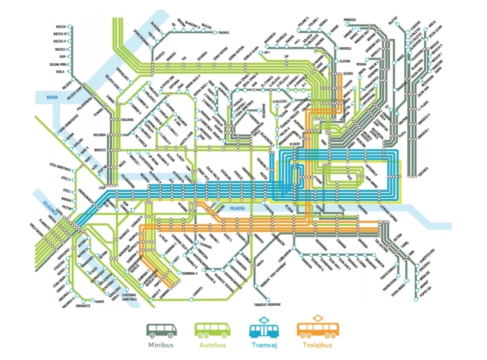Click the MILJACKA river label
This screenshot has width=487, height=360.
[239, 209]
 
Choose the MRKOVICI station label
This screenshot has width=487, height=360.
[350, 20]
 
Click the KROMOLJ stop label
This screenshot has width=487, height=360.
[346, 48]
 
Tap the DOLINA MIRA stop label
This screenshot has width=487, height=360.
[60, 63]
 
